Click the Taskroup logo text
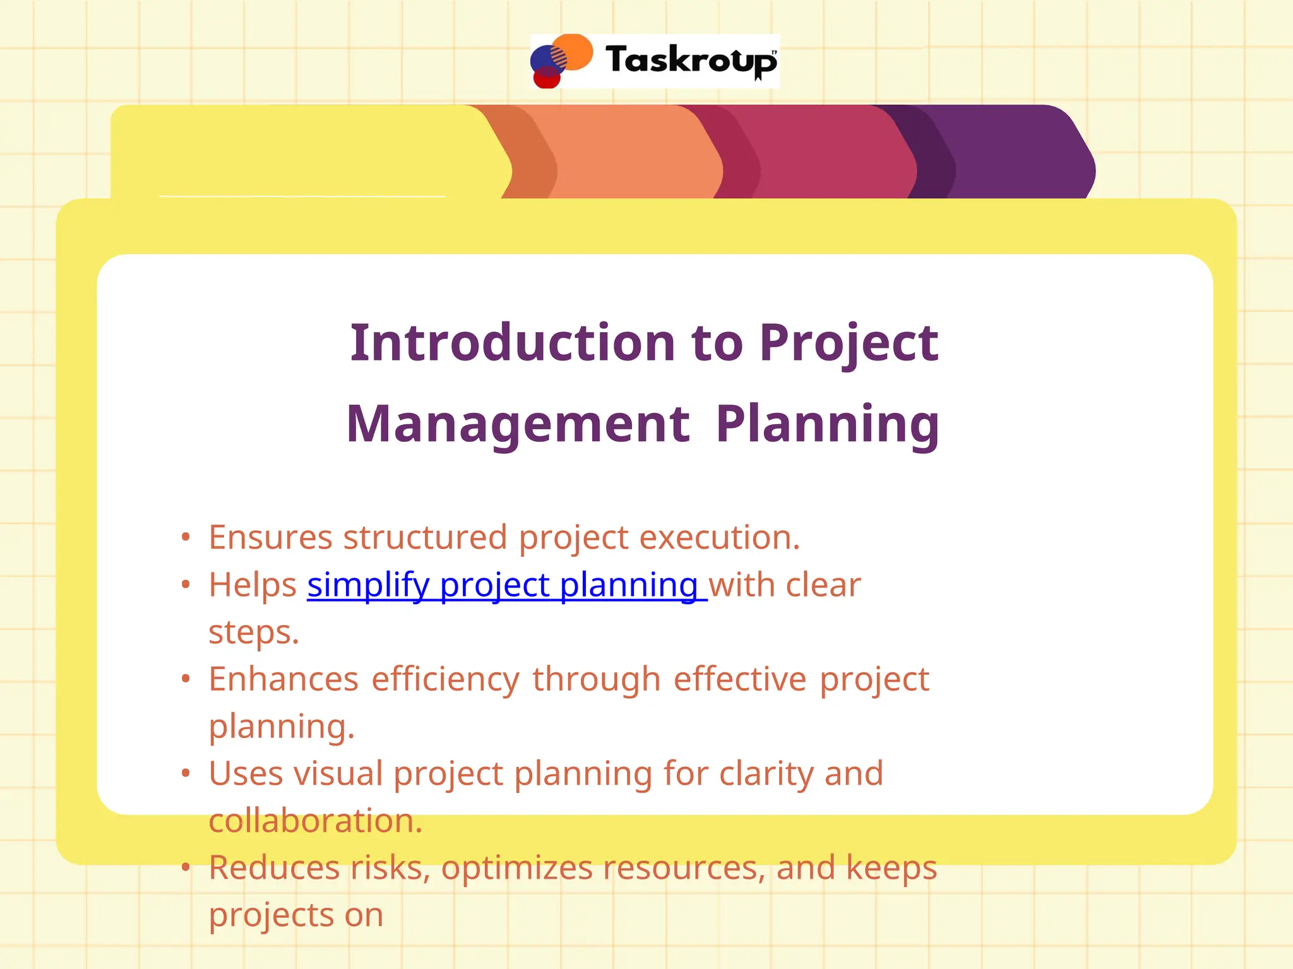coord(691,61)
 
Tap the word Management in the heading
coord(518,424)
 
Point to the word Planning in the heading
coord(827,424)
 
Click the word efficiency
coord(445,679)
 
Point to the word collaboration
coord(314,821)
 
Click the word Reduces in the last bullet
coord(274,867)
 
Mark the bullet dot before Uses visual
coord(185,773)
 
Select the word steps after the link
coord(253,632)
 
